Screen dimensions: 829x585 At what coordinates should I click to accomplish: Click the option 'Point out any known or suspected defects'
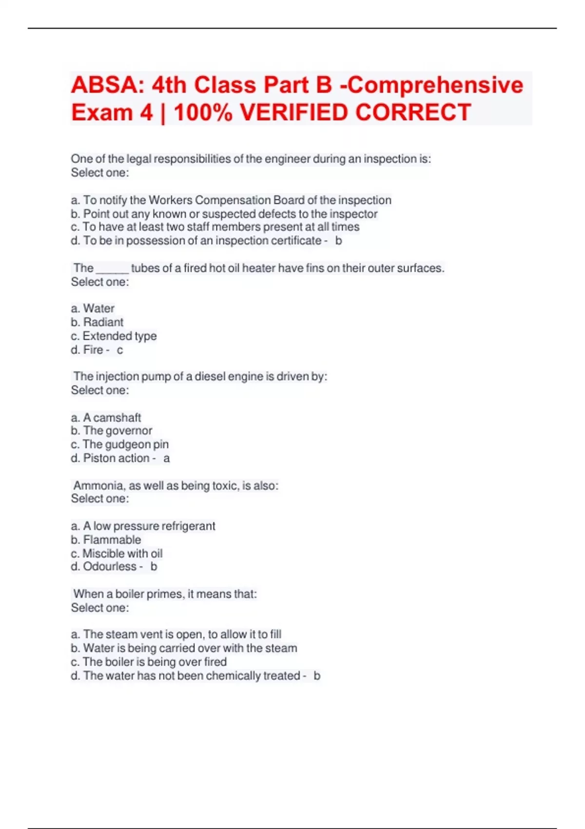pos(230,214)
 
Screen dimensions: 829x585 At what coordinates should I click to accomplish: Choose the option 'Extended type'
pos(119,336)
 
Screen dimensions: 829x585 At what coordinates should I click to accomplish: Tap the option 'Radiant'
pos(103,322)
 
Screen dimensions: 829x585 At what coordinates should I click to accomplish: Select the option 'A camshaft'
pos(112,417)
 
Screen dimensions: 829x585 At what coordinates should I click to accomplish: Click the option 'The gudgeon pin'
pos(125,444)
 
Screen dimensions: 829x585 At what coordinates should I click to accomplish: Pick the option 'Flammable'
pos(112,540)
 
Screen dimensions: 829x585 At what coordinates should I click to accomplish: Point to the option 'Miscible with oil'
pos(122,553)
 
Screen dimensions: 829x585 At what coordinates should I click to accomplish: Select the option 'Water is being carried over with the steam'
pos(190,648)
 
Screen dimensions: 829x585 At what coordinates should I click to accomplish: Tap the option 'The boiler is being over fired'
pos(155,662)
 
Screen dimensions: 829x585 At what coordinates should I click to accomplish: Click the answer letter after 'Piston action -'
pos(167,458)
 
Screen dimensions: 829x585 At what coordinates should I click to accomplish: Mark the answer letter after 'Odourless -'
pos(154,567)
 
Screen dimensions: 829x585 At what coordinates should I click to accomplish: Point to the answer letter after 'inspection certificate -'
pos(339,241)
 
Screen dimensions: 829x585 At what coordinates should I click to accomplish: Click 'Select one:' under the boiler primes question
pos(100,608)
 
